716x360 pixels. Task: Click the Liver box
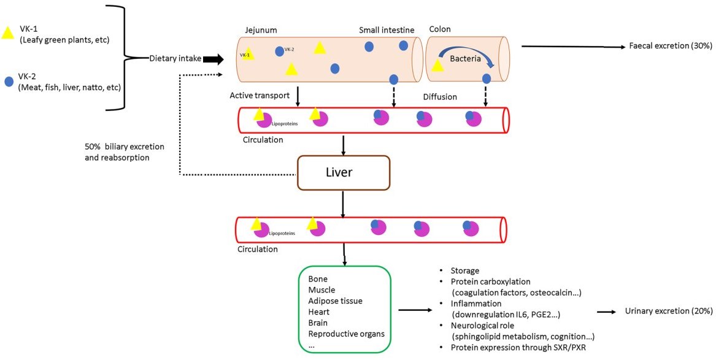pyautogui.click(x=343, y=173)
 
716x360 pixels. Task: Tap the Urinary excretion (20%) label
pyautogui.click(x=668, y=311)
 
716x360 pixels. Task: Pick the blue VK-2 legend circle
pyautogui.click(x=8, y=81)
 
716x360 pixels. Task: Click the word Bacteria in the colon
pyautogui.click(x=464, y=59)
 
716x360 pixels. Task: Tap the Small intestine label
pyautogui.click(x=387, y=29)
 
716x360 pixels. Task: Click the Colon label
pyautogui.click(x=440, y=29)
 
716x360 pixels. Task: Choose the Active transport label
pyautogui.click(x=258, y=96)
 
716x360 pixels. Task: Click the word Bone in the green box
pyautogui.click(x=318, y=279)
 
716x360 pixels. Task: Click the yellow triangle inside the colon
pyautogui.click(x=437, y=65)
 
